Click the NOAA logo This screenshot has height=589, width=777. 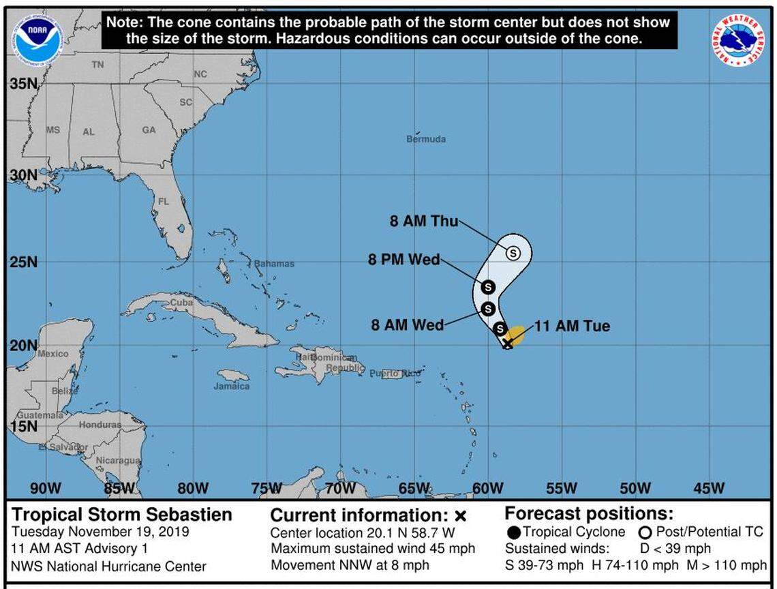[39, 39]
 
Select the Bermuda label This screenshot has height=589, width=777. [426, 139]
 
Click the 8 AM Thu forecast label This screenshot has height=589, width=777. [424, 222]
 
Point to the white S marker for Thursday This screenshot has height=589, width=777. [513, 253]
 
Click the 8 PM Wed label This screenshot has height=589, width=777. [404, 260]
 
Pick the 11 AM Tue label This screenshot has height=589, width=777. [572, 327]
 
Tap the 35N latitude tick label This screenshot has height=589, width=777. [23, 85]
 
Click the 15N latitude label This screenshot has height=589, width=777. [23, 427]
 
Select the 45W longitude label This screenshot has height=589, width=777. [709, 488]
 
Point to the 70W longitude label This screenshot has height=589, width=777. [339, 488]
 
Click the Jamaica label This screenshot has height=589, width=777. [232, 386]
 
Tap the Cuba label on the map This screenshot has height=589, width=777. [181, 303]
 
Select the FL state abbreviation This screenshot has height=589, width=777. [164, 202]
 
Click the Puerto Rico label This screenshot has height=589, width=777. [395, 374]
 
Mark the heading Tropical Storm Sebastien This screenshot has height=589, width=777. [122, 515]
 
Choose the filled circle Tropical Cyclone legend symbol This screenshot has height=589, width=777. [515, 532]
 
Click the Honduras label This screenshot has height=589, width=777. [100, 424]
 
